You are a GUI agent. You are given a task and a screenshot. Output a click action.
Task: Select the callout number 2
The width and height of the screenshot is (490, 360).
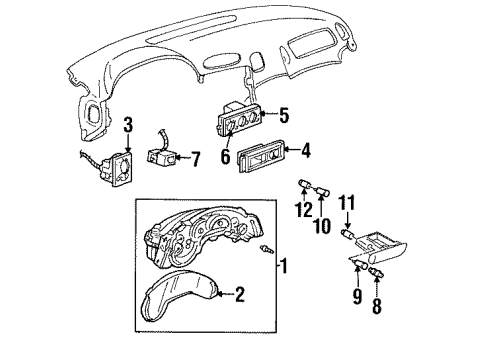(240, 294)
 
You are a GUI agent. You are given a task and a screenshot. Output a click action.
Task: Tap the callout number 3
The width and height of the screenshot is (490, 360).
(128, 125)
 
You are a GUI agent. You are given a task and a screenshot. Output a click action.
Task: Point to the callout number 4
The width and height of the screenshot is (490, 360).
(306, 150)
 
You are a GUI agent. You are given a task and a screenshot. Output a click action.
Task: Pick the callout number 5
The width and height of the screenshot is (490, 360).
(284, 115)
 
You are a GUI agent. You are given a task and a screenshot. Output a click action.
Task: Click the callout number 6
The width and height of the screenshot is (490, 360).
(225, 156)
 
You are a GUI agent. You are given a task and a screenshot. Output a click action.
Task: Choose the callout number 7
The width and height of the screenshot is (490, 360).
(195, 159)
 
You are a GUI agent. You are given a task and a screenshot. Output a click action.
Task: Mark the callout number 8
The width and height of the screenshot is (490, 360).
(377, 306)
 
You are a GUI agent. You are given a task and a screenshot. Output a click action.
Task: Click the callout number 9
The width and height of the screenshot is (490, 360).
(357, 296)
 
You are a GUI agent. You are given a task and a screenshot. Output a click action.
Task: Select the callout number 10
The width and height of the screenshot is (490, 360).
(322, 226)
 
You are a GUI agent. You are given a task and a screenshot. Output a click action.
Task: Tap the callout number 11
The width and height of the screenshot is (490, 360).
(347, 203)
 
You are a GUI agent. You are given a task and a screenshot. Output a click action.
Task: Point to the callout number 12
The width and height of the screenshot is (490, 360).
(304, 210)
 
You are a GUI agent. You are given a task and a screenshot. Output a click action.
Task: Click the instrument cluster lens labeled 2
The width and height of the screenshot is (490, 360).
(181, 296)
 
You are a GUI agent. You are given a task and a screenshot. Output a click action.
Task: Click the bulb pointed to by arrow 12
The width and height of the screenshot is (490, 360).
(303, 184)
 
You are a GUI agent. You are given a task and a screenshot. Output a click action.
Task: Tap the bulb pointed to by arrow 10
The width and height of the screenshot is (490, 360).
(323, 191)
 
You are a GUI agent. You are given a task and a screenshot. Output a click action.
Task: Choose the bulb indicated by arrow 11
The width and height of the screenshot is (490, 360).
(348, 235)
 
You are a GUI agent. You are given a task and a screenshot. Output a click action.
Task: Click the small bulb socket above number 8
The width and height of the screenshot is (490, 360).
(377, 274)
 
